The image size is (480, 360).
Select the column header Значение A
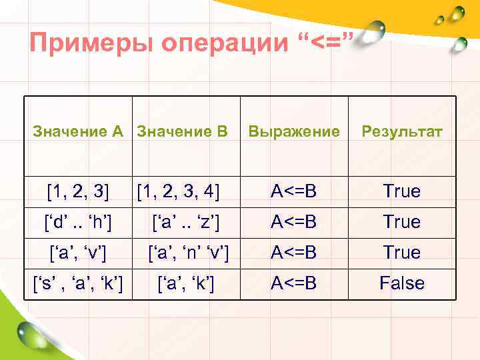(x=79, y=131)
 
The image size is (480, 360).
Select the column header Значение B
(x=182, y=131)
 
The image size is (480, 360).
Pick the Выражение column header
(x=293, y=131)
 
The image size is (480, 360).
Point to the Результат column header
(x=401, y=131)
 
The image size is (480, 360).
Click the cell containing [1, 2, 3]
(x=79, y=191)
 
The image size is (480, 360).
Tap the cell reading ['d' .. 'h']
(x=79, y=221)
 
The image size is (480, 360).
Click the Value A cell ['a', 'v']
(x=79, y=253)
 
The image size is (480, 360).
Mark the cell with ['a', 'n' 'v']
(x=189, y=253)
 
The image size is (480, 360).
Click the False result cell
(x=401, y=283)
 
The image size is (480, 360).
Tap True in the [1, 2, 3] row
(x=401, y=191)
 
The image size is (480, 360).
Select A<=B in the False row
(x=293, y=283)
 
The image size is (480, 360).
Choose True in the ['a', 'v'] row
(x=401, y=253)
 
